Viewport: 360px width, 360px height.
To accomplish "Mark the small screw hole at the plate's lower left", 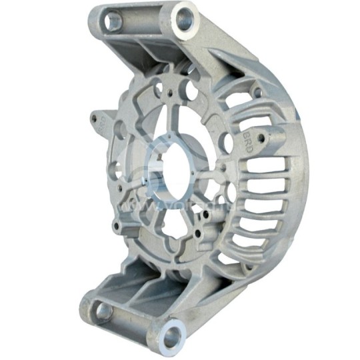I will [x=118, y=227].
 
